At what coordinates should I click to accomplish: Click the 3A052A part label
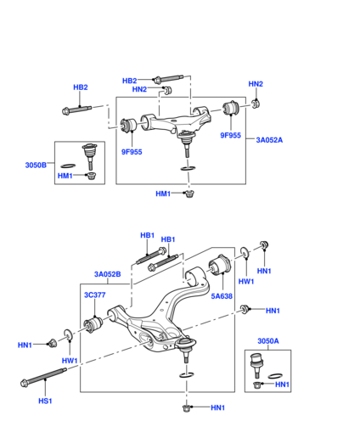[269, 140]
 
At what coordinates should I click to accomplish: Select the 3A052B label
[107, 274]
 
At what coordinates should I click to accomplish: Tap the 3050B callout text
[36, 165]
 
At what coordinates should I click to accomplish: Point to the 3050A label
[268, 341]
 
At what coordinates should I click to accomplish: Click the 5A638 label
[222, 296]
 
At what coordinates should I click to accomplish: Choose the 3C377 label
[94, 295]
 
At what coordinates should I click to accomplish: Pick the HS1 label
[45, 401]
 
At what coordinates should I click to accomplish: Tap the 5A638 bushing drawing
[220, 265]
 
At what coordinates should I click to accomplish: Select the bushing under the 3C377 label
[93, 325]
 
